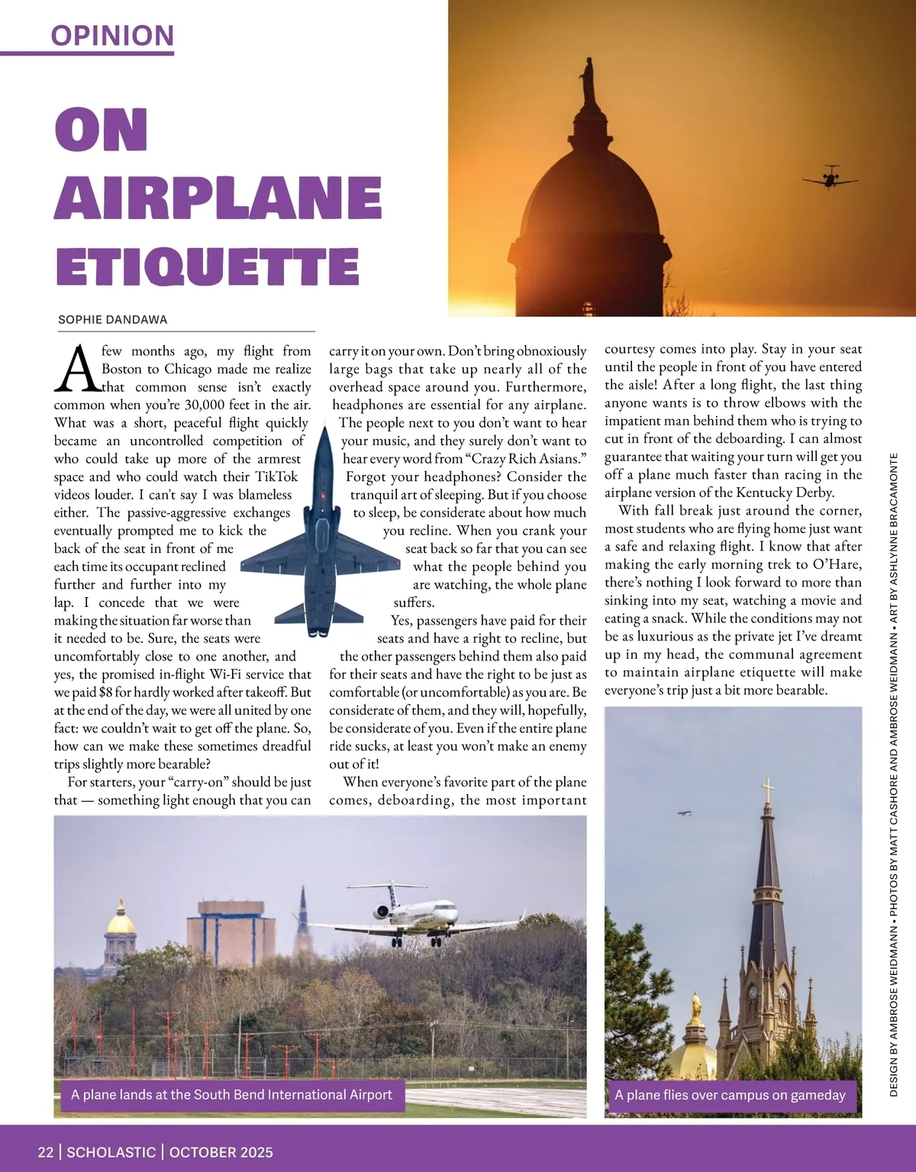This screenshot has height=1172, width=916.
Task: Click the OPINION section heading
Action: click(112, 35)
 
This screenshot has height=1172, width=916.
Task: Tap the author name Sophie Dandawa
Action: click(112, 320)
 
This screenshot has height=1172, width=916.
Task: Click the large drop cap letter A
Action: click(77, 369)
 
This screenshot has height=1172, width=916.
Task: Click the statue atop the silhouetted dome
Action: click(589, 79)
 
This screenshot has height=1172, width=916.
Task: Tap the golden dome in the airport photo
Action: click(120, 922)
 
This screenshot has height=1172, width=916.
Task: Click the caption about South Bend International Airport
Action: click(231, 1094)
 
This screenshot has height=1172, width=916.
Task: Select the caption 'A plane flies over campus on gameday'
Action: click(730, 1095)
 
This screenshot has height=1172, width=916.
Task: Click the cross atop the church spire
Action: click(768, 789)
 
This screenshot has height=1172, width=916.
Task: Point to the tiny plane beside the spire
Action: click(685, 813)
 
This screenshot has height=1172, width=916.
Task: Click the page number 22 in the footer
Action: click(46, 1151)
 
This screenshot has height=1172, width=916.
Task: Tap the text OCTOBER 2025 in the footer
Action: click(221, 1151)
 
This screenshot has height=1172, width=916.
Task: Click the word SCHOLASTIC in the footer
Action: click(111, 1151)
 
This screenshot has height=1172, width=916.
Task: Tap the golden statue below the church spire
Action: click(695, 1009)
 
